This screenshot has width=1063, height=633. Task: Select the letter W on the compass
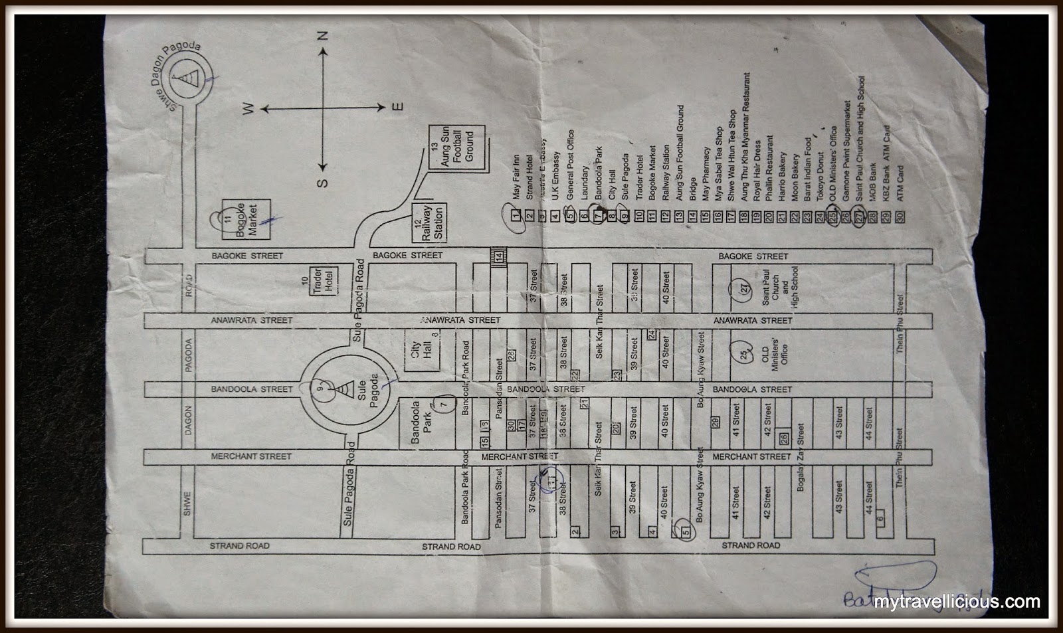(x=250, y=110)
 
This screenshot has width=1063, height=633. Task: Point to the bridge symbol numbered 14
(x=498, y=254)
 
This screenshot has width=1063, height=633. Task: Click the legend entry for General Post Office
(x=570, y=167)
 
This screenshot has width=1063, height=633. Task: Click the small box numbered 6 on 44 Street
(x=881, y=519)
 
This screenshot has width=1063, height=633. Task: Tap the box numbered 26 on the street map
(x=784, y=438)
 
